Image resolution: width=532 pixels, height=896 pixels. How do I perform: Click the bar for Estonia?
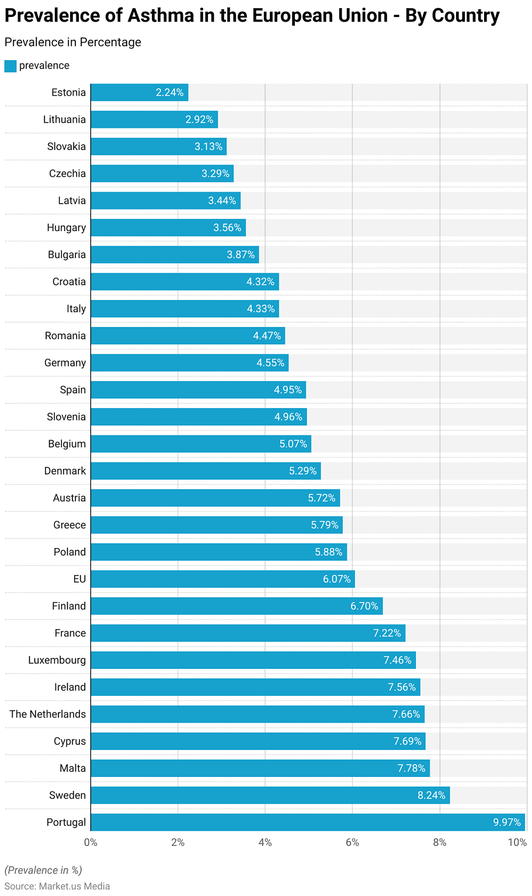click(139, 92)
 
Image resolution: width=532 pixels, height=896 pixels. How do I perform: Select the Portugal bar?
click(308, 822)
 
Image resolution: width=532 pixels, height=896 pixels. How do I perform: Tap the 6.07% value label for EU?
click(337, 579)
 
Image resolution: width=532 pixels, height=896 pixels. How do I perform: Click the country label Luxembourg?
click(57, 660)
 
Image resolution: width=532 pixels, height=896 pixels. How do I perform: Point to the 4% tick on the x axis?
click(265, 842)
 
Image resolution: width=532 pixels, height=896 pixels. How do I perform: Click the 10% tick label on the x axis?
click(517, 842)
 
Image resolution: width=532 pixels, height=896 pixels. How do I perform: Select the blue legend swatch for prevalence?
click(11, 66)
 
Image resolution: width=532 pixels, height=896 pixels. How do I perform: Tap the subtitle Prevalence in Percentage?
click(73, 42)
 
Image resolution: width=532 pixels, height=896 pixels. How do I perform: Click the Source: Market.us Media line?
click(57, 886)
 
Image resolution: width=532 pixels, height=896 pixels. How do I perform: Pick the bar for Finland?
click(237, 606)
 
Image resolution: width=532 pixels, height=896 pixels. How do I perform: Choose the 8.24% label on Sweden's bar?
click(432, 795)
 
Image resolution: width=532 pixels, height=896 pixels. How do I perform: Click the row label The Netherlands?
click(47, 714)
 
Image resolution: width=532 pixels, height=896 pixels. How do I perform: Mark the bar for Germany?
click(189, 362)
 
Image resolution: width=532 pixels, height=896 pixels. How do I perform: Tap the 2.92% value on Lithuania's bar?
click(200, 120)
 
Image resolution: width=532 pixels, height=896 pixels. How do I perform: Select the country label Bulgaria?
click(67, 254)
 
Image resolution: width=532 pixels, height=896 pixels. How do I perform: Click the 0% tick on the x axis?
click(91, 842)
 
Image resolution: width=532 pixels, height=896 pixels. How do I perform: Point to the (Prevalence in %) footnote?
click(43, 870)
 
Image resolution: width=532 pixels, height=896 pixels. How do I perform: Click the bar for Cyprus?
click(258, 741)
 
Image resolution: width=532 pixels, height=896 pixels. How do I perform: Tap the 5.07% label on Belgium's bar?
click(293, 444)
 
